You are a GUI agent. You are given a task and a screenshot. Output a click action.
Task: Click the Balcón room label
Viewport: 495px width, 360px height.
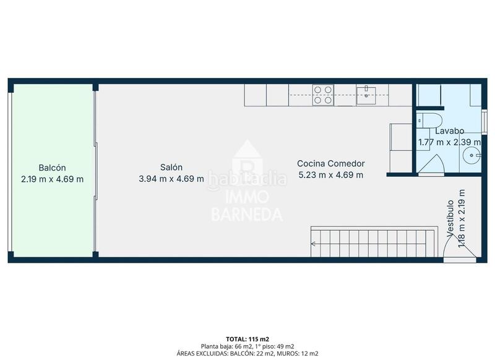point(52,168)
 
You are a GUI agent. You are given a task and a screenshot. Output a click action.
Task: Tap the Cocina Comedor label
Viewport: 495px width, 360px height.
point(330,163)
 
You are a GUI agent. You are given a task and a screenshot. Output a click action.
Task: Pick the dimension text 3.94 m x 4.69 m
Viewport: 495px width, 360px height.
point(171,179)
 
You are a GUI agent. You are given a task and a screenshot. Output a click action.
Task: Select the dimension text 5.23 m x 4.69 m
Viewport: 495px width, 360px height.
point(330,174)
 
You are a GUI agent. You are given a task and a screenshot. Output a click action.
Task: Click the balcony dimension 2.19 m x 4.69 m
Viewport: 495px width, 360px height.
point(52,179)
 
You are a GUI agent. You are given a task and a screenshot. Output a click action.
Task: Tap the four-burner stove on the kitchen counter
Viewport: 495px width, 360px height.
point(323,95)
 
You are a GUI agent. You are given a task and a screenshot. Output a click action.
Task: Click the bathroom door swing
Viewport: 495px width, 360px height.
point(433,163)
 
